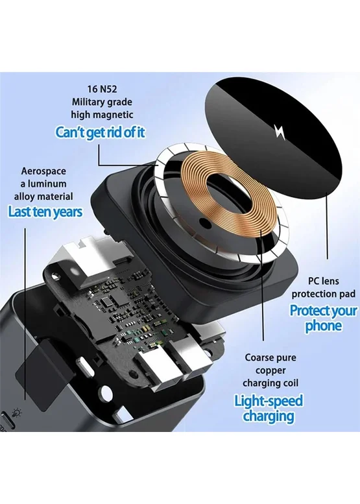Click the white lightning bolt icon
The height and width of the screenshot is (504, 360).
click(x=280, y=132)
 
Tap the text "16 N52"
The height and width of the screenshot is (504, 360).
click(x=102, y=89)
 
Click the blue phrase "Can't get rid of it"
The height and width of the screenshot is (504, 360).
click(x=101, y=132)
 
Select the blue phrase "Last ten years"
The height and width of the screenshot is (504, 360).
click(x=45, y=212)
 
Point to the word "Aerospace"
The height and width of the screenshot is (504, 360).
click(x=43, y=171)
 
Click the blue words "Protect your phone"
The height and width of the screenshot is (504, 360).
click(x=323, y=318)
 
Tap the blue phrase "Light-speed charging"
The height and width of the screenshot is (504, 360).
click(x=269, y=408)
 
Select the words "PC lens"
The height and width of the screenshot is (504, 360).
click(x=324, y=281)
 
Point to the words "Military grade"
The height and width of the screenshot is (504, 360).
click(x=102, y=102)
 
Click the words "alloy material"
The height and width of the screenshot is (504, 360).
click(x=43, y=197)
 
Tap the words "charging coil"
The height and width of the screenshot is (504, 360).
click(x=270, y=383)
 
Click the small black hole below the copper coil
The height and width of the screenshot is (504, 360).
click(x=204, y=222)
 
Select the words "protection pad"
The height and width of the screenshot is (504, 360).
click(x=324, y=294)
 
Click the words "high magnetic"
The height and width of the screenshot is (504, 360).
click(x=102, y=115)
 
